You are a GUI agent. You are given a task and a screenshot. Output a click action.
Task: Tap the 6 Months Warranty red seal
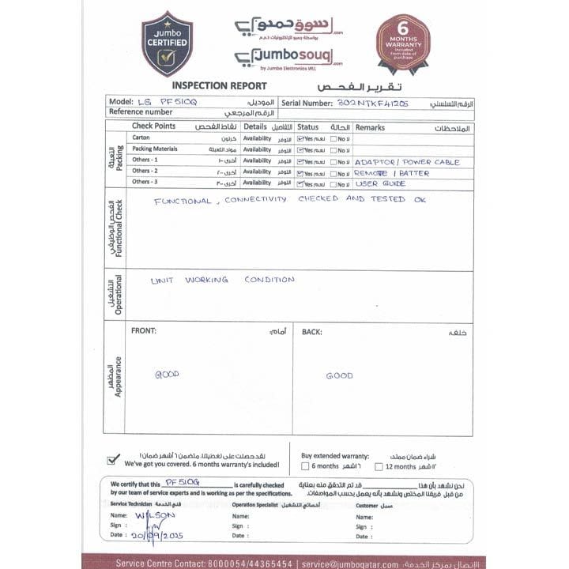402,42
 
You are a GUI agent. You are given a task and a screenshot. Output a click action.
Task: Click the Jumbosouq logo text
289,55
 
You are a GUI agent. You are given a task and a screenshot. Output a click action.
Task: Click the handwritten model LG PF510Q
167,102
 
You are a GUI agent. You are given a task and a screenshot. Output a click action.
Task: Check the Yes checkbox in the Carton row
300,138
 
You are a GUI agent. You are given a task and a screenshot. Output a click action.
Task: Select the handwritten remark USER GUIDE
380,183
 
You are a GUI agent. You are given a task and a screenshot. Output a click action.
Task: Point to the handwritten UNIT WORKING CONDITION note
222,280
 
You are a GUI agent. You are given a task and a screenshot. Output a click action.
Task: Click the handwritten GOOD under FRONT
167,374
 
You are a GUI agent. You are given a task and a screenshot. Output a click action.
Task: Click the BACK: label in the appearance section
311,332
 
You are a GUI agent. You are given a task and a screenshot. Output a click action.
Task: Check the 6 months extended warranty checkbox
306,466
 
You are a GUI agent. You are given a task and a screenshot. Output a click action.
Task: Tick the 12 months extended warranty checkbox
379,466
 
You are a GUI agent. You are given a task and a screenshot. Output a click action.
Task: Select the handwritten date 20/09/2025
157,536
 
